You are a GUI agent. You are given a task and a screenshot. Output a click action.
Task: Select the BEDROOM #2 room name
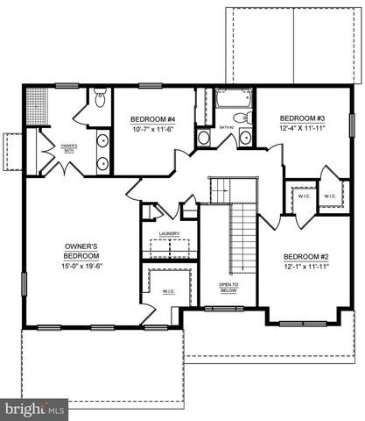point(305,257)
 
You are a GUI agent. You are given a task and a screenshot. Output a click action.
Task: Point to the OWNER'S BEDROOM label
point(81,250)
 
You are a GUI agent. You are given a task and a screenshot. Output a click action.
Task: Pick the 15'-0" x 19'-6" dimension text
point(81,266)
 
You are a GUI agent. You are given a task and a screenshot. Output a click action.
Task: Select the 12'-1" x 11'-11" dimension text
point(305,267)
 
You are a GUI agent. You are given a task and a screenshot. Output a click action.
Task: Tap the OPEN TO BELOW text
point(228,288)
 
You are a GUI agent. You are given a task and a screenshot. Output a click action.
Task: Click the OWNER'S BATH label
point(69,149)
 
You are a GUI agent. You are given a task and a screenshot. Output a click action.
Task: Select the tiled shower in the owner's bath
point(38,102)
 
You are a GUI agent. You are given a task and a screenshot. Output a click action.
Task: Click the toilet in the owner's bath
point(100,98)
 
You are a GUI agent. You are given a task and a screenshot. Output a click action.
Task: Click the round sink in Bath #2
point(203,137)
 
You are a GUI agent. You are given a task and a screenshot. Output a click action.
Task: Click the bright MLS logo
point(36,409)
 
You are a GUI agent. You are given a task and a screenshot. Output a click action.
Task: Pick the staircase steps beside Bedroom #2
point(237,237)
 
